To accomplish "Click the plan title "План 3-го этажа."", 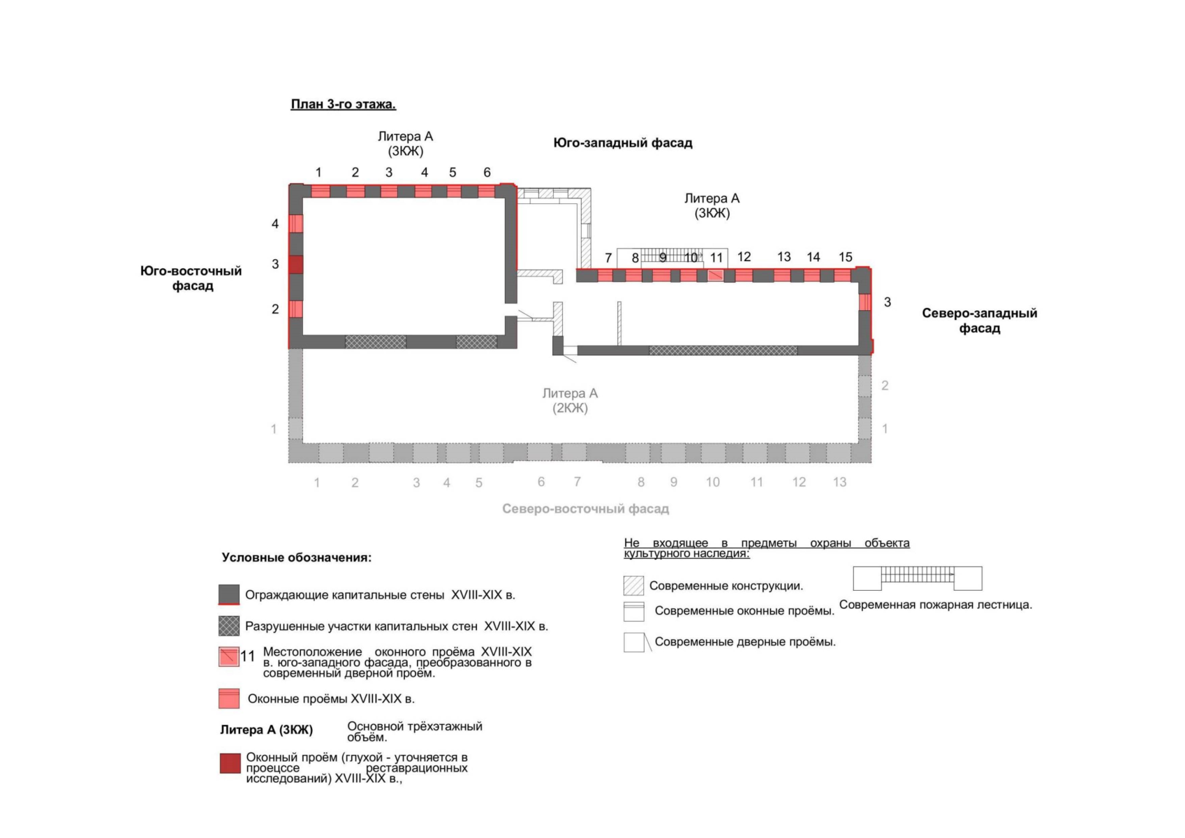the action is (x=344, y=104).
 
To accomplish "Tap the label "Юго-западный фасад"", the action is (x=623, y=143).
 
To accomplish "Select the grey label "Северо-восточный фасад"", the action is (x=585, y=508).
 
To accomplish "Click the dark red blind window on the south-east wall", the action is (x=295, y=265).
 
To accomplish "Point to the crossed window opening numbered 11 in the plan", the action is (x=715, y=275).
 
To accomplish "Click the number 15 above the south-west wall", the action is (x=846, y=257).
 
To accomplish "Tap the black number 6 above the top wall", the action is (x=487, y=172).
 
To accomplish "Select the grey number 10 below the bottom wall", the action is (x=712, y=482).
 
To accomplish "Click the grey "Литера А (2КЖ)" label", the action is (x=570, y=400).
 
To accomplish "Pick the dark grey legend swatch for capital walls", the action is (x=229, y=594).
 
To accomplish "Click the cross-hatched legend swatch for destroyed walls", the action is (x=229, y=626).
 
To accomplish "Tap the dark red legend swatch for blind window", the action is (x=230, y=763).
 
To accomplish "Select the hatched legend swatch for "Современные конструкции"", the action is (x=634, y=586).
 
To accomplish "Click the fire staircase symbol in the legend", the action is (x=918, y=578).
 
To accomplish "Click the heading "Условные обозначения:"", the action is (x=296, y=557).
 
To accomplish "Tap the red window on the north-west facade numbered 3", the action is (x=864, y=302).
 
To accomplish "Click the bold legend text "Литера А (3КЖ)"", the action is (x=267, y=730).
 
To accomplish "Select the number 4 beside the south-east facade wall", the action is (x=275, y=223).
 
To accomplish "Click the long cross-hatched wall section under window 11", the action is (x=723, y=351).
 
